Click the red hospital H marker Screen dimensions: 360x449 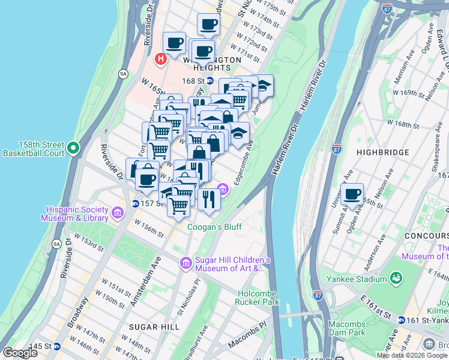point(160,59)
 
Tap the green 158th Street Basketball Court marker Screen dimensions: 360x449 point(73,147)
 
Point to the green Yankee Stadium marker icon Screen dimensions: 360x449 point(396,278)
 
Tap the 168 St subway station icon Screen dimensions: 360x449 point(209,80)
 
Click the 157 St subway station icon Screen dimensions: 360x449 point(136,203)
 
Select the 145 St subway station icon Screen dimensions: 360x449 point(57,346)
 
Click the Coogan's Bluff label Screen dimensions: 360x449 point(214,227)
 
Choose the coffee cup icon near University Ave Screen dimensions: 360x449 point(352,194)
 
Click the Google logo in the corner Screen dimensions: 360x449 point(20,353)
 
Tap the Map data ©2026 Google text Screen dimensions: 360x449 point(412,355)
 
